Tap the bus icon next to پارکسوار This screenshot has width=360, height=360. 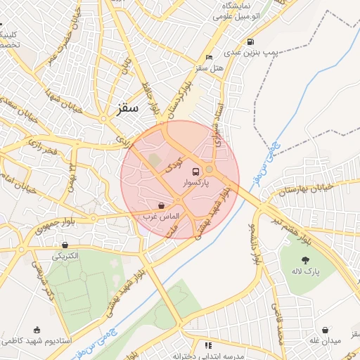click(210, 171)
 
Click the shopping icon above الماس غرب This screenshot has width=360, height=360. click(162, 205)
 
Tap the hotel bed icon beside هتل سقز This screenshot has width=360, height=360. click(209, 57)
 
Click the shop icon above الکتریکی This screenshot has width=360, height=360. click(65, 245)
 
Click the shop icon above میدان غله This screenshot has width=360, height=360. click(326, 330)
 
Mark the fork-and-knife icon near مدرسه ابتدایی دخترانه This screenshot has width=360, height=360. click(207, 345)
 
